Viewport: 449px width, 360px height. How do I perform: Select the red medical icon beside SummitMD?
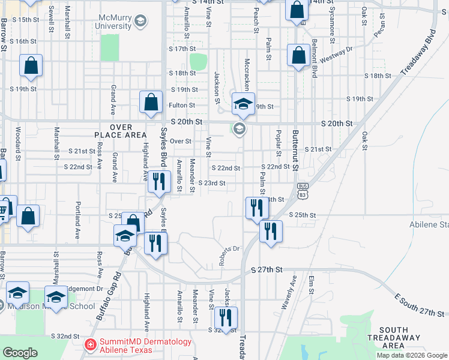tap(90, 344)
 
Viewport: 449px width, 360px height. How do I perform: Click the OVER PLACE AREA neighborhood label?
tap(121, 131)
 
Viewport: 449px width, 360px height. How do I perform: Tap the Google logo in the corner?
tap(20, 353)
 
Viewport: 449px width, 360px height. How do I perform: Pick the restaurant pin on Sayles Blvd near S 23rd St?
tap(158, 181)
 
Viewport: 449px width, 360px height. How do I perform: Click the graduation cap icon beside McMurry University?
tap(140, 22)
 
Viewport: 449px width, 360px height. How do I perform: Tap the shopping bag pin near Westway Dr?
tap(298, 55)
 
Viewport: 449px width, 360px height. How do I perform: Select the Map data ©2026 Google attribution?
tap(412, 355)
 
